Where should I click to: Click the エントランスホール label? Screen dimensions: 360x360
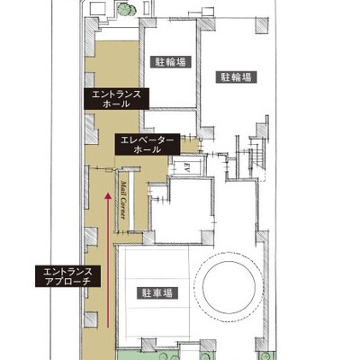[116, 99]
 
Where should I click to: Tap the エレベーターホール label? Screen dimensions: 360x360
[148, 144]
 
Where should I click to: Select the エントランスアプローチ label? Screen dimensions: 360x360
[67, 276]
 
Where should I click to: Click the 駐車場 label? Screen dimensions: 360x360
[156, 292]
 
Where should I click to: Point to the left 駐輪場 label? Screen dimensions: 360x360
[170, 62]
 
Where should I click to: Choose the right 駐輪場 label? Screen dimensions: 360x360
[237, 77]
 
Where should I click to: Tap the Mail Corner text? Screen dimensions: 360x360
[122, 200]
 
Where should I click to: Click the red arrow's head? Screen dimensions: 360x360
[108, 196]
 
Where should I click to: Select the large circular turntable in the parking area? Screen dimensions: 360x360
[229, 283]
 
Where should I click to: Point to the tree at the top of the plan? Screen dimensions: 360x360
[125, 9]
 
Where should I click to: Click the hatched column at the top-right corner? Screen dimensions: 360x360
[262, 25]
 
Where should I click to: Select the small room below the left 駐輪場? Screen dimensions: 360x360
[170, 120]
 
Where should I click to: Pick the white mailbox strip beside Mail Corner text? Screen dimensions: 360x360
[131, 201]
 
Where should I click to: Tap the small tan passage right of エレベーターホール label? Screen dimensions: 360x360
[190, 146]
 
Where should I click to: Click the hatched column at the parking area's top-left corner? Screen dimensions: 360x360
[148, 238]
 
